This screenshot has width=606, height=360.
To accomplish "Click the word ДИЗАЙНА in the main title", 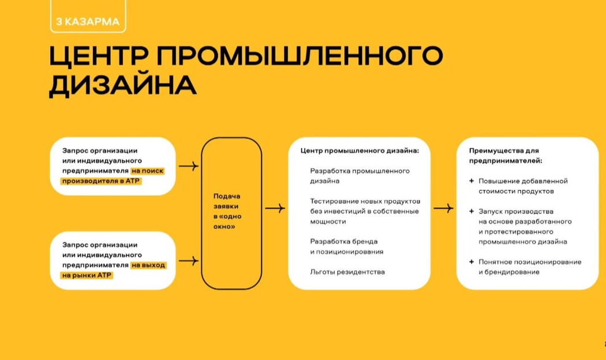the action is (x=123, y=85).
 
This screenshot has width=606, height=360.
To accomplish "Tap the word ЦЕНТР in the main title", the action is (x=99, y=56).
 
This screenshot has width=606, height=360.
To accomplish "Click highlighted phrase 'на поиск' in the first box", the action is (x=147, y=171).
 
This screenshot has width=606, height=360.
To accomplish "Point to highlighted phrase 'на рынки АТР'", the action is (x=87, y=275).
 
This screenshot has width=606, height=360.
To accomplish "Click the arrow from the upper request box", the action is (x=189, y=166).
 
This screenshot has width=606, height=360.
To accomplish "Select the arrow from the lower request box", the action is (x=189, y=261).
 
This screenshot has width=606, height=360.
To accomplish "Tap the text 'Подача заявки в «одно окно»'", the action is (x=227, y=211).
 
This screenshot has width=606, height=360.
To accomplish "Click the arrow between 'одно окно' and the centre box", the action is (x=275, y=209).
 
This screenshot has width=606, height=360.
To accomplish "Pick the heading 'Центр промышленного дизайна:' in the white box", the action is (x=360, y=151).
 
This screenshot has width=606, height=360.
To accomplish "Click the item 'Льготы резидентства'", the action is (x=347, y=272).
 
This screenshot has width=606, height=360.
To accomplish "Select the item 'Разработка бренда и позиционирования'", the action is (x=347, y=246).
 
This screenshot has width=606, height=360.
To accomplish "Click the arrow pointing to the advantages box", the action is (x=443, y=209).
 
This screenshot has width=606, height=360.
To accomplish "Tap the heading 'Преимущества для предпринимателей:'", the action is (x=506, y=156).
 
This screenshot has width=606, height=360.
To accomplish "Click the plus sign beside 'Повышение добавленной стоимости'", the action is (x=472, y=181).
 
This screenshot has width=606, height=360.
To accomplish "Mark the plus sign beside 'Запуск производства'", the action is (x=472, y=211).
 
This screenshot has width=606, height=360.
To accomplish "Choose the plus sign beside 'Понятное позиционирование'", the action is (x=472, y=262).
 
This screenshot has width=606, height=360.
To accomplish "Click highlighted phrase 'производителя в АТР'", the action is (x=101, y=181).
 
